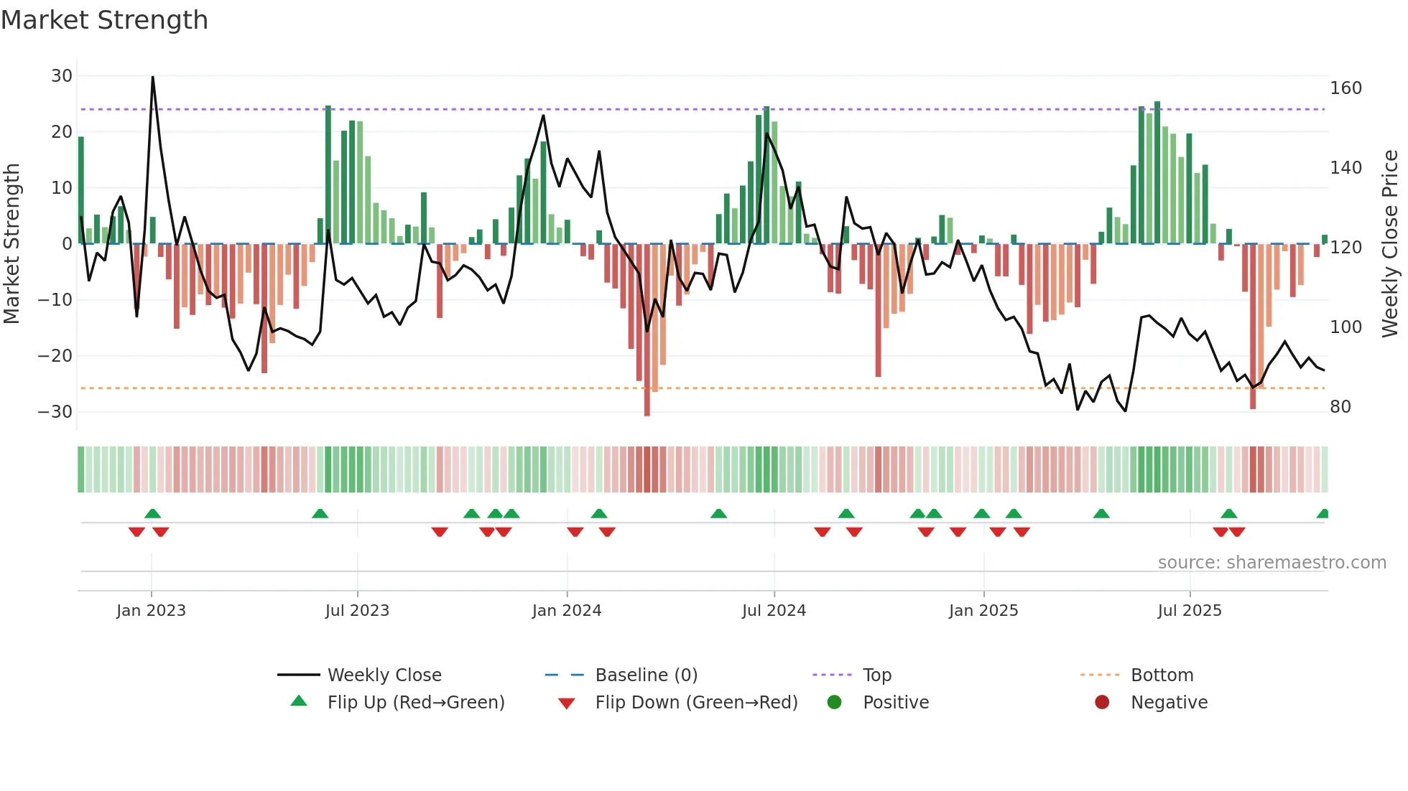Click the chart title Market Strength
coord(104,20)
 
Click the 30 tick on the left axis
coord(62,76)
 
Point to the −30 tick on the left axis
coord(55,412)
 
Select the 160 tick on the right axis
coord(1346,88)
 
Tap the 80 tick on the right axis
coord(1340,407)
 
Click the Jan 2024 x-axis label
coord(566,611)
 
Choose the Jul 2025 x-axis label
coord(1189,611)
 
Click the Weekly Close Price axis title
coord(1390,244)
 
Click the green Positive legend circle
coord(834,702)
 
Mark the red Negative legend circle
coord(1102,702)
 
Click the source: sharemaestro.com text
coord(1272,563)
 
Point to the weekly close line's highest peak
coord(153,78)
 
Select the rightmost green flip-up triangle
coord(1323,514)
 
